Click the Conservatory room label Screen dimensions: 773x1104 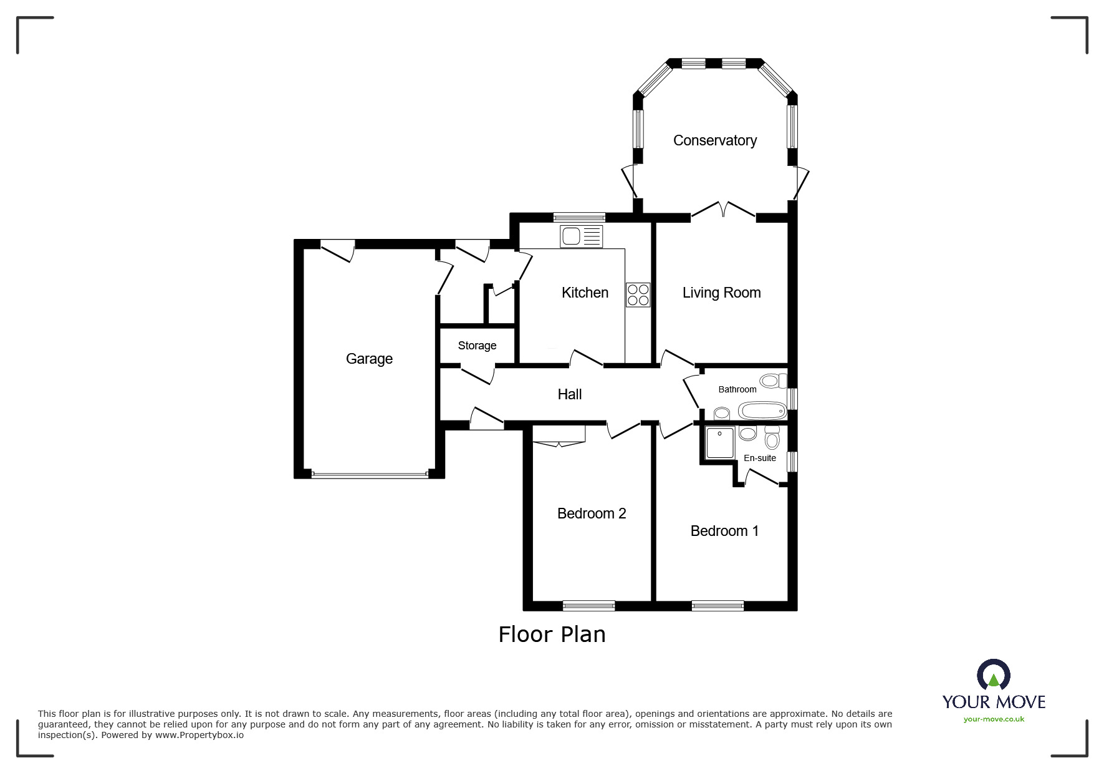point(714,141)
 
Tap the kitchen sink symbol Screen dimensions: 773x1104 point(581,236)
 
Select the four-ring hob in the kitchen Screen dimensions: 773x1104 point(638,295)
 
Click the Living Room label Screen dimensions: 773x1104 point(721,293)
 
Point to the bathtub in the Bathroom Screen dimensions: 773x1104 point(762,411)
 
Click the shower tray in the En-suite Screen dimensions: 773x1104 point(719,442)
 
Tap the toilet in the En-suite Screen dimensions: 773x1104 point(772,439)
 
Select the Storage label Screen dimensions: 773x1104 point(477,346)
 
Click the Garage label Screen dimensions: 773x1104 point(369,359)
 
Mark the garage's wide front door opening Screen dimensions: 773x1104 point(370,475)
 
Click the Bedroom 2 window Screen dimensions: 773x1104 point(588,605)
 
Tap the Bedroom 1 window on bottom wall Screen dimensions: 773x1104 point(718,605)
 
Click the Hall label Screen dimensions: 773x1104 point(569,394)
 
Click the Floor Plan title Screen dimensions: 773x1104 point(552,634)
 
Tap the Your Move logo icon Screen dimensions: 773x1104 point(993,676)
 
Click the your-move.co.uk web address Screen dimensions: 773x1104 point(994,719)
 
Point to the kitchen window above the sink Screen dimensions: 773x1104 point(579,218)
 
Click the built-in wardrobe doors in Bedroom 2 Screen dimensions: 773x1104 point(559,443)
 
